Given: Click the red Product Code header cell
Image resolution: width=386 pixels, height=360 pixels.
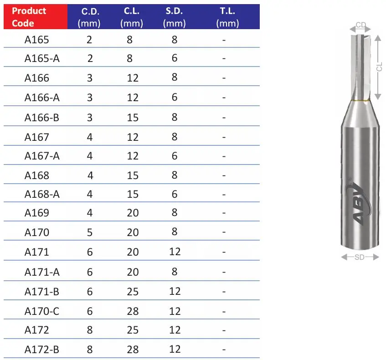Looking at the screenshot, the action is [x=36, y=16].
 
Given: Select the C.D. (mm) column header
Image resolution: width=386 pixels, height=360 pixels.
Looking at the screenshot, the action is [x=89, y=17].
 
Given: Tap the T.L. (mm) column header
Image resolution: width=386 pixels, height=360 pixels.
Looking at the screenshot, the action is [x=227, y=17].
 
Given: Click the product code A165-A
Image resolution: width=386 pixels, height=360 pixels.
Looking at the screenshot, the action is [x=42, y=59].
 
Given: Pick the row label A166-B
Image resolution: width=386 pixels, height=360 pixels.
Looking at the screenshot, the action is [x=42, y=118].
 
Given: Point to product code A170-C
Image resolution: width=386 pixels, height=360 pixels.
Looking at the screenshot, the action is [x=42, y=311].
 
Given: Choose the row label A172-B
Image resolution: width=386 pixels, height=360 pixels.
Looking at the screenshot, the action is [x=42, y=350].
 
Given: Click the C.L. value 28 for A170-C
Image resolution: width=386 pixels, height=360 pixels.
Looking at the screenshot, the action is [x=133, y=311].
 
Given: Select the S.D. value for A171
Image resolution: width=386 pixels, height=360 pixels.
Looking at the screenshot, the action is [x=175, y=252].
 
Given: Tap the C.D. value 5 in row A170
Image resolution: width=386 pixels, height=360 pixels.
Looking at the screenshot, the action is [x=90, y=232].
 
